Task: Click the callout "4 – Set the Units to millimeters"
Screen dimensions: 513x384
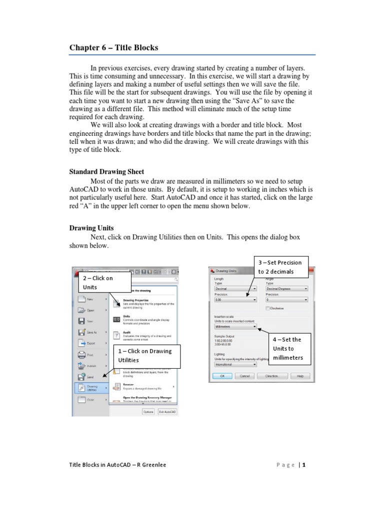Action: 290,348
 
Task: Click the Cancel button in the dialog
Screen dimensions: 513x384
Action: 244,376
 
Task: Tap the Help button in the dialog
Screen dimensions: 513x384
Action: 300,376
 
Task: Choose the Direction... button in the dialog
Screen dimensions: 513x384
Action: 272,376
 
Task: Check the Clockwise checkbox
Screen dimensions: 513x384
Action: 268,308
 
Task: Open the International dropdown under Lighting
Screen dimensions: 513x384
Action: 235,365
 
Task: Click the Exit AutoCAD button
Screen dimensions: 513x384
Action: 167,411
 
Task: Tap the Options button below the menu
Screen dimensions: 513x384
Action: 148,411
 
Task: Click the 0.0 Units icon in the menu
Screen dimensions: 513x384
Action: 116,319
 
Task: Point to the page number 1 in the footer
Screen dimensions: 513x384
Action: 303,464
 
